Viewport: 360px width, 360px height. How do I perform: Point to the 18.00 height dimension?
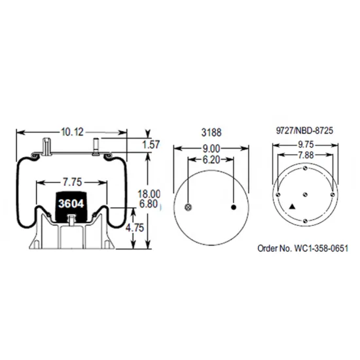point(150,194)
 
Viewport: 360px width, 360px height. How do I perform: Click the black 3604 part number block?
point(69,203)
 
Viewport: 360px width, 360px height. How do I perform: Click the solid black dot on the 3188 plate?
point(234,207)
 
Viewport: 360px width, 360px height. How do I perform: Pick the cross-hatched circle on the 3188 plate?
point(189,207)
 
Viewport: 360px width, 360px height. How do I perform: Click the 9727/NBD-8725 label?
point(306,130)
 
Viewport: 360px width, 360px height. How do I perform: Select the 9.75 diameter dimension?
point(306,145)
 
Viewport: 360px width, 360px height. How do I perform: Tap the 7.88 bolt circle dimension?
point(306,156)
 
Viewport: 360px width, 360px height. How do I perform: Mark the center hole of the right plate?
point(306,194)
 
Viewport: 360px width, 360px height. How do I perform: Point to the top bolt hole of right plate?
point(306,168)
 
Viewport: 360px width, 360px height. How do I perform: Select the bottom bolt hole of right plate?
point(306,221)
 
